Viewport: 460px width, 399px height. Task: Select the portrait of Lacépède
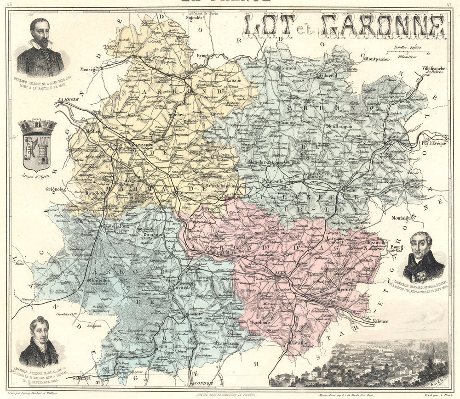pyautogui.click(x=423, y=258)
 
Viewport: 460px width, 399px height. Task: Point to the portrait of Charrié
pyautogui.click(x=39, y=342)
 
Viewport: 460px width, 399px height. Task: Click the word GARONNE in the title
pyautogui.click(x=383, y=26)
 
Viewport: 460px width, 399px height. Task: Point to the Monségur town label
pyautogui.click(x=90, y=69)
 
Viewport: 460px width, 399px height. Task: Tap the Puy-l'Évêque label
pyautogui.click(x=435, y=142)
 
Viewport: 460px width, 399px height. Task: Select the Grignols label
pyautogui.click(x=55, y=188)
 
